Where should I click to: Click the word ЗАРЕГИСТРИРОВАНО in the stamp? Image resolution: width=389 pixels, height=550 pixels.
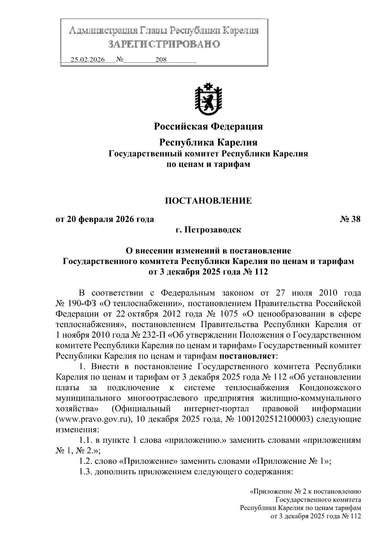click(x=164, y=44)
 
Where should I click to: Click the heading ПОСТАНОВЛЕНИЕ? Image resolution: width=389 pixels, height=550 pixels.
click(x=208, y=201)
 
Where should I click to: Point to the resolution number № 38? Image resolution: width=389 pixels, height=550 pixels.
click(x=350, y=219)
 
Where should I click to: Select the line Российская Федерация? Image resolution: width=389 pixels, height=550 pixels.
click(x=208, y=126)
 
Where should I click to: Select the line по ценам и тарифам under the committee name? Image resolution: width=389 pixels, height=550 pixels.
click(x=208, y=164)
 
